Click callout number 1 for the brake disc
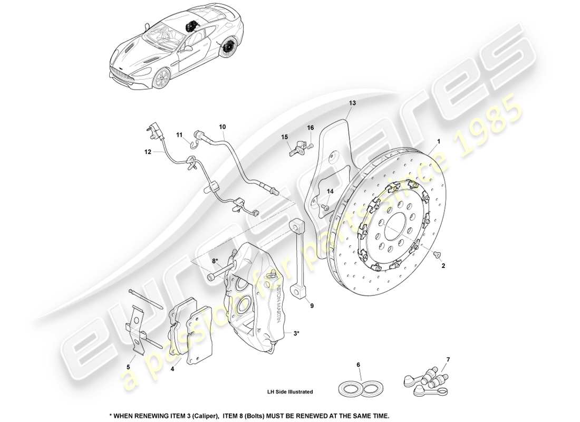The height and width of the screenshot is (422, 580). click(x=438, y=142)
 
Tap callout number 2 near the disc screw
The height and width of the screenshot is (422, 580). click(x=443, y=266)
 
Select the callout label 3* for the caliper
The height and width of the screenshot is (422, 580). click(x=296, y=333)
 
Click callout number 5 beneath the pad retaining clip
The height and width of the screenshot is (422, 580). click(x=128, y=366)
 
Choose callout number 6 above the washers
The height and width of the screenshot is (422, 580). click(x=359, y=365)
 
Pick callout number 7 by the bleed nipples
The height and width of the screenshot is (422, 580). click(x=448, y=360)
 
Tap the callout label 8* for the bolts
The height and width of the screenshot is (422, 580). click(x=215, y=261)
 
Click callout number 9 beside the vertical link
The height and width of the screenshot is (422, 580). click(x=312, y=305)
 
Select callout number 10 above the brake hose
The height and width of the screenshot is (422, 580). click(x=223, y=127)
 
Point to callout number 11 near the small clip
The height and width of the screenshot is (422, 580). click(x=179, y=136)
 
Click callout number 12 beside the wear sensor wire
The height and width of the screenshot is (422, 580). click(x=148, y=152)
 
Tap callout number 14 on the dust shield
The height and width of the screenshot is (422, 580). click(x=330, y=191)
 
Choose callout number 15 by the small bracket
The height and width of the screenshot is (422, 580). click(x=285, y=137)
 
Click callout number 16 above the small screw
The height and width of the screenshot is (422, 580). click(x=311, y=128)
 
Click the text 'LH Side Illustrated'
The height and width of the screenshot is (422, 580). click(x=289, y=392)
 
